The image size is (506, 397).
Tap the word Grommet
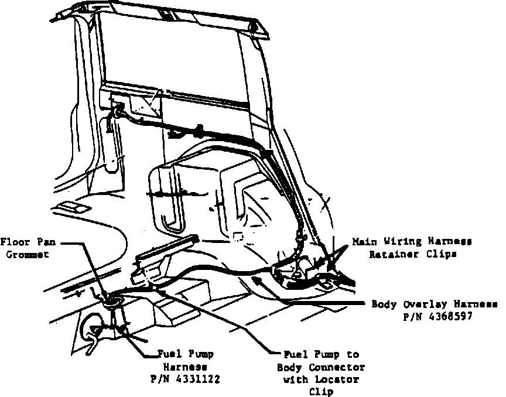20,255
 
